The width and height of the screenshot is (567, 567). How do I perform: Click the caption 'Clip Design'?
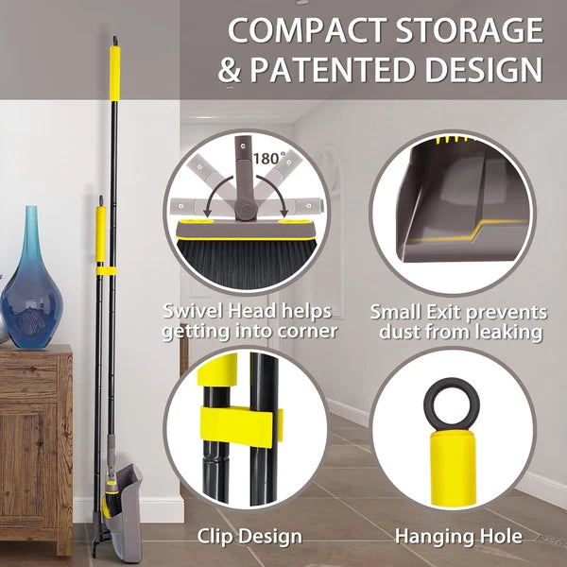(x=249, y=537)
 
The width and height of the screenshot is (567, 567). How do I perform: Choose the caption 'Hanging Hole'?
(x=458, y=537)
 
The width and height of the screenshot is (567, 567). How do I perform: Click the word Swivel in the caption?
(x=193, y=311)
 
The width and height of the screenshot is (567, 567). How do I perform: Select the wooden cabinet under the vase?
(x=35, y=444)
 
